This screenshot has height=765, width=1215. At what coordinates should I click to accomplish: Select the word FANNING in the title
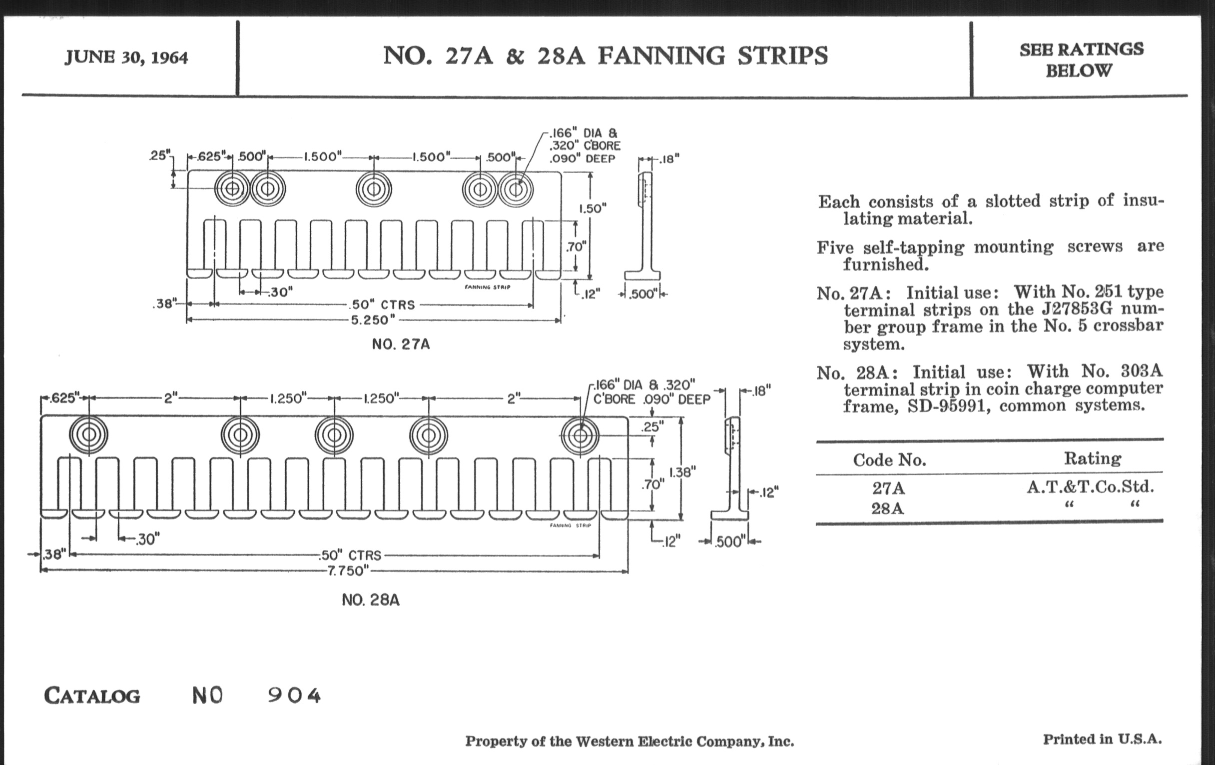coord(661,55)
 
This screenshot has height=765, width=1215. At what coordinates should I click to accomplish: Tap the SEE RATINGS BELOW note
coord(1081,59)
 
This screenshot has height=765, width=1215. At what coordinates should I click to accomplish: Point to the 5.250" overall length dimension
coord(373,320)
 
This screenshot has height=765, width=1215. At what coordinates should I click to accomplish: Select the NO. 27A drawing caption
coord(401,344)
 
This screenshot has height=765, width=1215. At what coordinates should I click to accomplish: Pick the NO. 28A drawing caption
coord(370,600)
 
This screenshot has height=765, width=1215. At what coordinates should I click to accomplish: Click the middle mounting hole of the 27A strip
coord(373,189)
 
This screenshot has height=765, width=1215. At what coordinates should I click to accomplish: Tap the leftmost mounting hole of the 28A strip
coord(89,435)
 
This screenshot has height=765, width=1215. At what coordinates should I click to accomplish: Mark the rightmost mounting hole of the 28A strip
coord(580,435)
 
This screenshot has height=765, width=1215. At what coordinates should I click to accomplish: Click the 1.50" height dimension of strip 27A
coord(593,208)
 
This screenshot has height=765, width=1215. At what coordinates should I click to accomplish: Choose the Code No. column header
coord(889,460)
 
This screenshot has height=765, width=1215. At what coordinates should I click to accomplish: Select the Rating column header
coord(1093,458)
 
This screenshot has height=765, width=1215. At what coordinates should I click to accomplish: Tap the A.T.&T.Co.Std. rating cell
coord(1091,487)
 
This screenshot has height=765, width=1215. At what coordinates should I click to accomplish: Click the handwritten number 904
coord(294,696)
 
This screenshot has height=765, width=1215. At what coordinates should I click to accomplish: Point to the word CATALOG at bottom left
coord(92,696)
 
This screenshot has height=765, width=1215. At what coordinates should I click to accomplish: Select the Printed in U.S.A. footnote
coord(1103,739)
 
